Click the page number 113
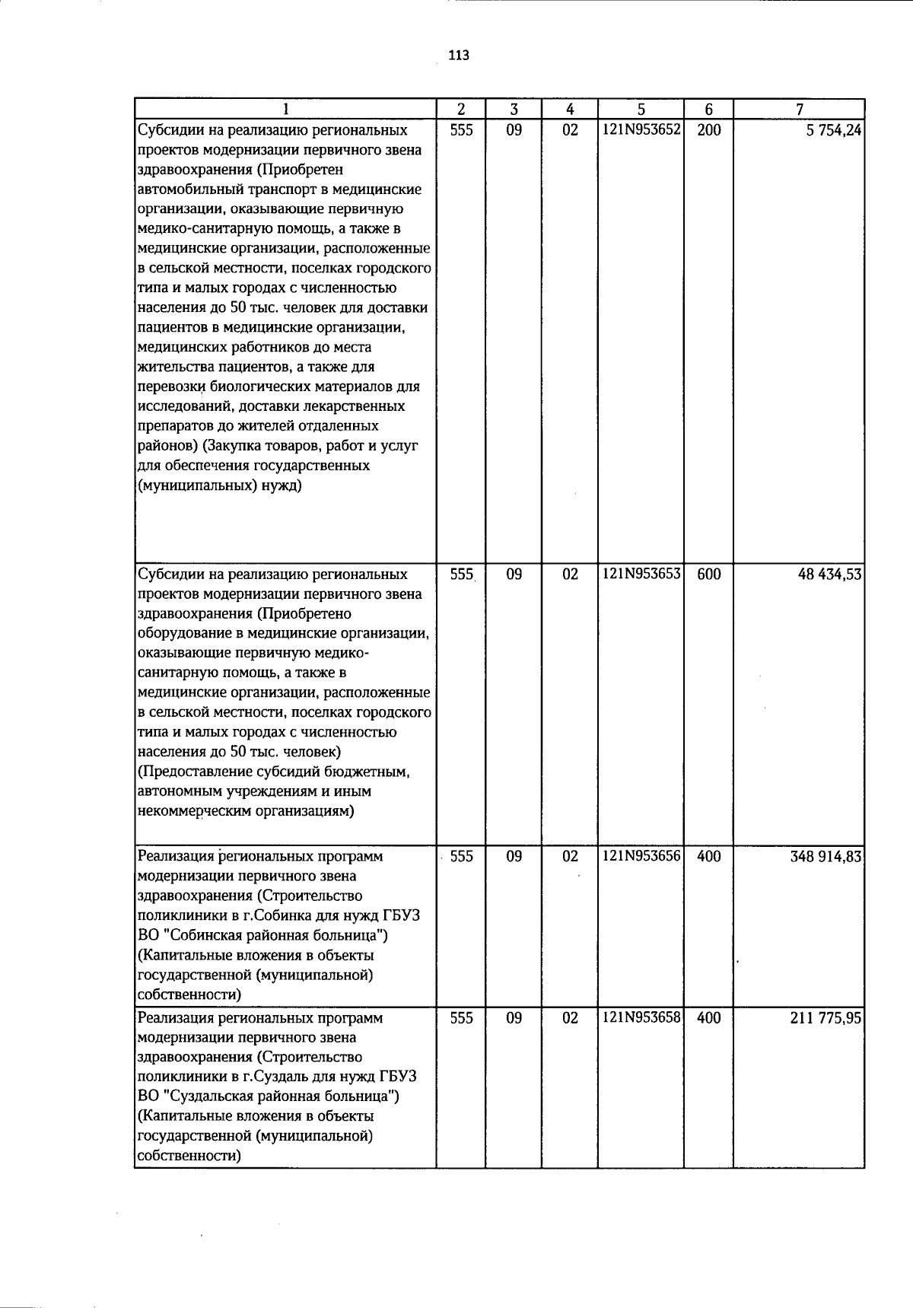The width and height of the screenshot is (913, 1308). [459, 56]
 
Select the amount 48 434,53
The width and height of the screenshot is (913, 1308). [829, 574]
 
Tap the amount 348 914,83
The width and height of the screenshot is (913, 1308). [826, 857]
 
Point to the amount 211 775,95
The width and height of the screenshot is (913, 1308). [826, 1018]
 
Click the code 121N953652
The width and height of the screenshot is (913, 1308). [641, 130]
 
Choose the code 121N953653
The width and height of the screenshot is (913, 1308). [641, 574]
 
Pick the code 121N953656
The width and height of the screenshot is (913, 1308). [641, 857]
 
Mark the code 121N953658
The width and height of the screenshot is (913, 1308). [641, 1018]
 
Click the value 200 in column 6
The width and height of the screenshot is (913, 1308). [708, 130]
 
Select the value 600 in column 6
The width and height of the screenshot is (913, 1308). [708, 574]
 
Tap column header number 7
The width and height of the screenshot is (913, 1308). [799, 109]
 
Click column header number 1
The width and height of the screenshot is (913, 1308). [285, 109]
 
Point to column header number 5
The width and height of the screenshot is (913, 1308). [641, 109]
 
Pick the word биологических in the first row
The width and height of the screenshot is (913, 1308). [250, 387]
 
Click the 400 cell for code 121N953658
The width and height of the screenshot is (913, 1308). [708, 1018]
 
